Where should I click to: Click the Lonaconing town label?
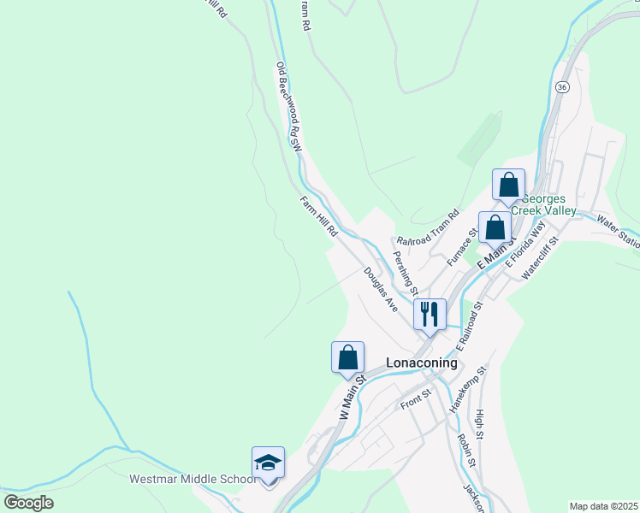422,362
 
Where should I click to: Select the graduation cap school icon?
268,463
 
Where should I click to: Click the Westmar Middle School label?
193,479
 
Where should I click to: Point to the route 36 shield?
561,87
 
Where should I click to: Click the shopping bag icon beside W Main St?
348,357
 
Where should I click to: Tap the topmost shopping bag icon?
508,185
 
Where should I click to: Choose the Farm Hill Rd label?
320,217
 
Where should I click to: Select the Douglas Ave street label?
381,288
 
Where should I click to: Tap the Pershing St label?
404,268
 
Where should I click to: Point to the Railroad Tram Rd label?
428,229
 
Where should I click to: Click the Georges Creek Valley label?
544,203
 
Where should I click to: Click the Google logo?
28,502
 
